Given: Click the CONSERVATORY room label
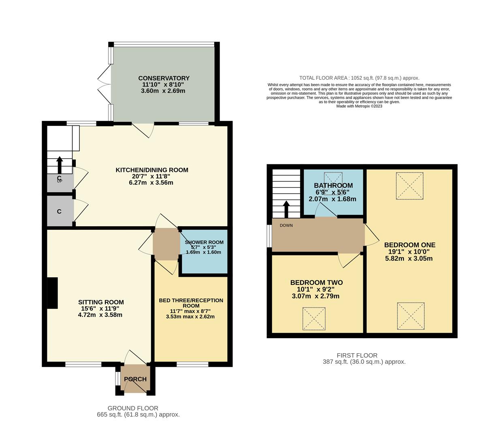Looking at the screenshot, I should (164, 78).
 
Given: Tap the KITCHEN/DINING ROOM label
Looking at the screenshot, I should (152, 170).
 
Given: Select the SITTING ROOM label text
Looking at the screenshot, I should (101, 302).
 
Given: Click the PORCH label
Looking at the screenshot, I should (135, 379).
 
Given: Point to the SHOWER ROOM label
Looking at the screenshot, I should (204, 242).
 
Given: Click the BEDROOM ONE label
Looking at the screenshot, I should (409, 245).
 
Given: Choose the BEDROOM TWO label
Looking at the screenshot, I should (316, 282).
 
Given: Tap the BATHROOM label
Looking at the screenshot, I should (333, 186).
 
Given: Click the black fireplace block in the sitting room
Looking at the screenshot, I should (52, 293).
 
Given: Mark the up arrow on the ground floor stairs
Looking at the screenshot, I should (60, 165).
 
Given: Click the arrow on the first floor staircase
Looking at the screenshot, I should (286, 209).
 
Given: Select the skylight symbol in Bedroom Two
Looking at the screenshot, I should (314, 319).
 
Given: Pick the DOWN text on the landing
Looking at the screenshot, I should (286, 225).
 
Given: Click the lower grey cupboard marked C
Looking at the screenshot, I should (60, 212).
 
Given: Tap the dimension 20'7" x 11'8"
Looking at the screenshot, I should (152, 176).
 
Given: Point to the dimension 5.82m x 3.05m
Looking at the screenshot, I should (409, 258).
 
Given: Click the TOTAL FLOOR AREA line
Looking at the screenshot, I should (359, 78).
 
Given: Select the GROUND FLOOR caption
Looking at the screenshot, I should (133, 408).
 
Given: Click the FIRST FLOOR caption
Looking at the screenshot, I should (357, 355).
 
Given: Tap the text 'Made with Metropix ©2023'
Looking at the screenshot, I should (359, 106).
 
